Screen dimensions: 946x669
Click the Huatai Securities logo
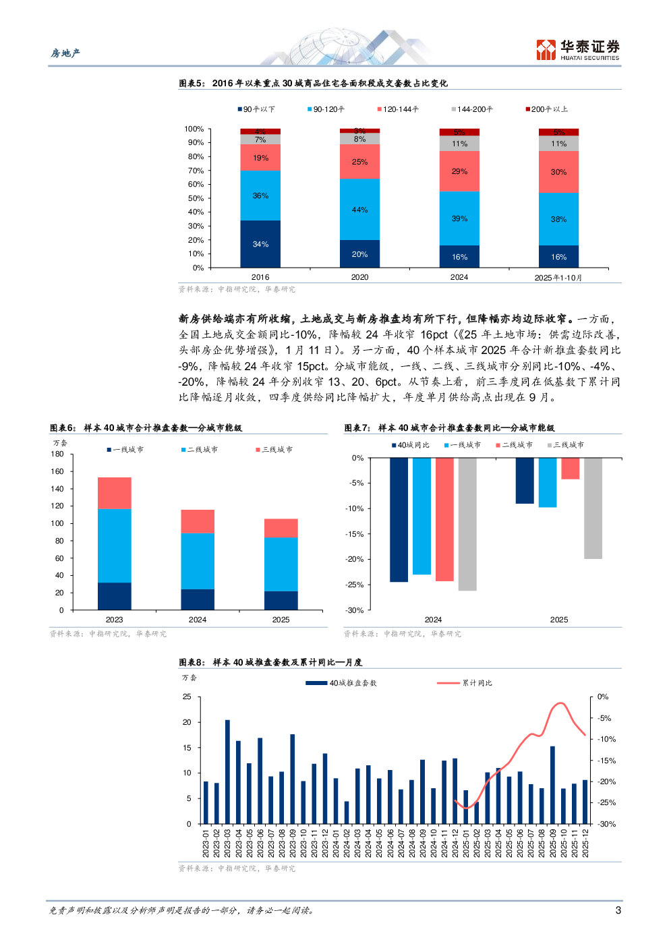[577, 50]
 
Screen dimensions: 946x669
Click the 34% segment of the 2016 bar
[260, 244]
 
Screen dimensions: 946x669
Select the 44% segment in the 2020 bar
[359, 209]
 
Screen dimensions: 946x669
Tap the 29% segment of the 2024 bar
[459, 171]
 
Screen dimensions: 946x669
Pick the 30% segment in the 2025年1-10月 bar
[558, 172]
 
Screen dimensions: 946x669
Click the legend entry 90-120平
[326, 109]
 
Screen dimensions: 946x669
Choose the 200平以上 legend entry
[547, 109]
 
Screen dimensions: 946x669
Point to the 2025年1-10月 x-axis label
[558, 278]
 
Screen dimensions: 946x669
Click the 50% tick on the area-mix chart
[196, 198]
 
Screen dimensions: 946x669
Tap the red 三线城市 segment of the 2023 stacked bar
[115, 493]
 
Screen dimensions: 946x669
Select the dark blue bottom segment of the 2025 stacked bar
[281, 600]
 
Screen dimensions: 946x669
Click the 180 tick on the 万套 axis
[57, 454]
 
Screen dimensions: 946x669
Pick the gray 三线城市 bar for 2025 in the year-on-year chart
[593, 508]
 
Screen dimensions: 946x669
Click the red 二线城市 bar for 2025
[570, 468]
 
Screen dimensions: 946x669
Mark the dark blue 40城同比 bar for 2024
[399, 519]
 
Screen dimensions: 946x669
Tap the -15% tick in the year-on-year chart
[355, 534]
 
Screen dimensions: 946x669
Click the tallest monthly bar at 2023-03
[227, 771]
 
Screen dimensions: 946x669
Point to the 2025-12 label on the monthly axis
[585, 843]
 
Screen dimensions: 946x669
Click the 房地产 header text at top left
[65, 53]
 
